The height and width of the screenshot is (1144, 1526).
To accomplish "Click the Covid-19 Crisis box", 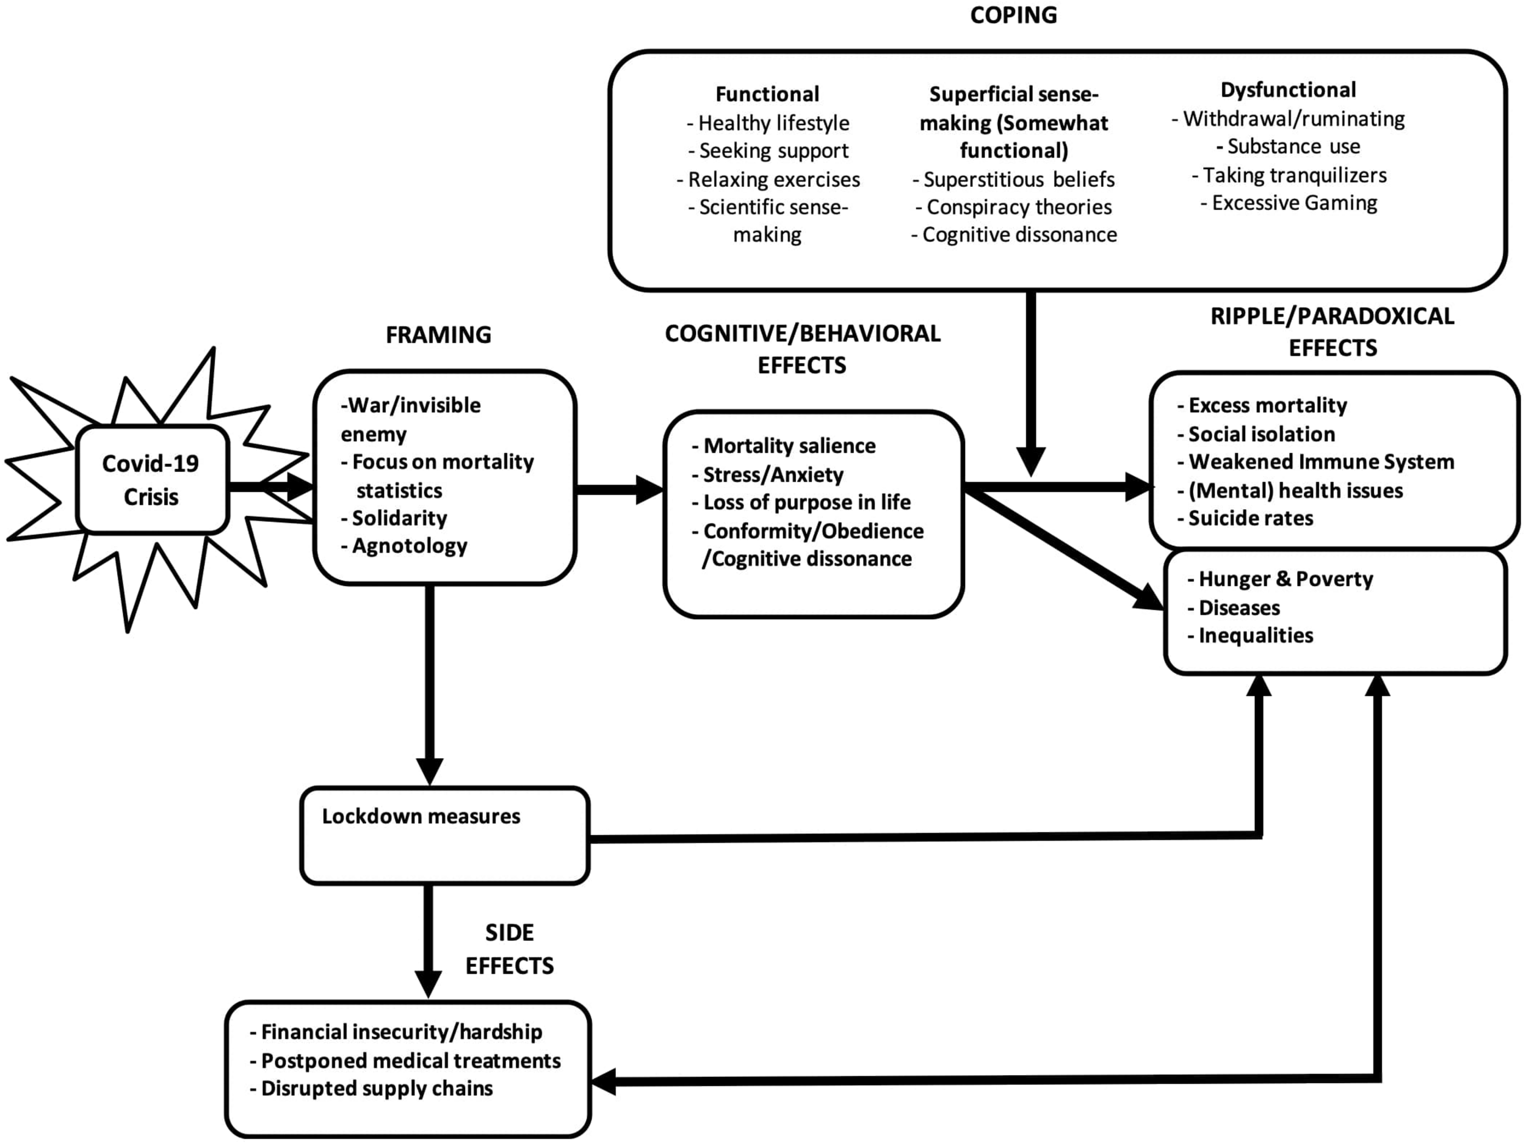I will click(151, 480).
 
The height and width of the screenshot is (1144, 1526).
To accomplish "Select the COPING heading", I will click(1013, 15).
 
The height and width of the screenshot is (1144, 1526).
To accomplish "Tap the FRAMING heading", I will click(438, 335).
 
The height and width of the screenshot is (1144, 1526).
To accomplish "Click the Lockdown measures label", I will click(421, 816).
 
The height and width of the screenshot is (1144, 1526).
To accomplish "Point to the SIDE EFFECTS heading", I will click(509, 949).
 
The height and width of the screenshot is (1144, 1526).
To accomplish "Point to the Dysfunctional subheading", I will click(1287, 90).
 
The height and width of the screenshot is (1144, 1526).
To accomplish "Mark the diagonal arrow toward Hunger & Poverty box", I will click(1063, 549).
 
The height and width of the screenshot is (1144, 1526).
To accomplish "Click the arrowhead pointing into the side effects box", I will click(604, 1081).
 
